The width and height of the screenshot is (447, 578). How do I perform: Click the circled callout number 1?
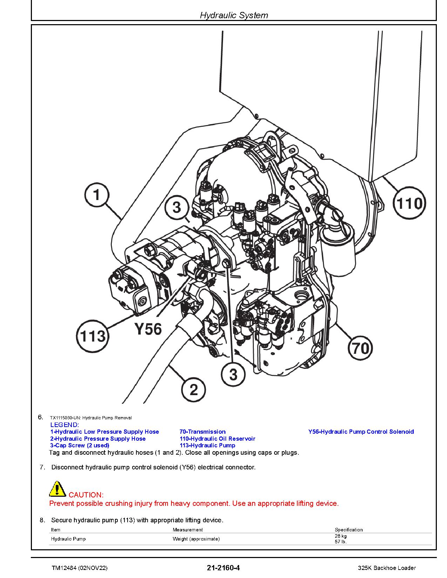pos(97,195)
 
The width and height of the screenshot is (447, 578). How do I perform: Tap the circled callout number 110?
pos(409,204)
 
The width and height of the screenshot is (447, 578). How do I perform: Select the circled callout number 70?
pos(360,348)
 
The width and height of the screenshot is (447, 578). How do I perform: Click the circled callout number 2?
pos(194,390)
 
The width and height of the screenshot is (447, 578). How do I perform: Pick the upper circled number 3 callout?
pos(177,207)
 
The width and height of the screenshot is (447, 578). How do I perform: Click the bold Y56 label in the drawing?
pos(148,329)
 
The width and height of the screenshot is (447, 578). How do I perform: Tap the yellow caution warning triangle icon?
pos(57,489)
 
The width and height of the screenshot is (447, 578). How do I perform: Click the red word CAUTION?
pos(86,495)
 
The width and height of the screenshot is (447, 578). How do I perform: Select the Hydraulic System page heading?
pos(234,15)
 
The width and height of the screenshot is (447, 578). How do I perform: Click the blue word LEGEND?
pos(65,425)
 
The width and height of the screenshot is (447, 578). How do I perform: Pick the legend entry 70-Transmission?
pos(202,432)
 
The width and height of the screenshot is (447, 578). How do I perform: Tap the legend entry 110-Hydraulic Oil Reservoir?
pos(217,439)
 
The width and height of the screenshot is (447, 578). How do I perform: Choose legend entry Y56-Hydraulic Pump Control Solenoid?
pos(361,432)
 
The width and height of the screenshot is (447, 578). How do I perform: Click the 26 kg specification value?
pos(340,536)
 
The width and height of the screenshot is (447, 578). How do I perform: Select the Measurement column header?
pos(188,530)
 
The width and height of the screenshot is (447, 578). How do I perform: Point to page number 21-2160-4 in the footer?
pos(223,567)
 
